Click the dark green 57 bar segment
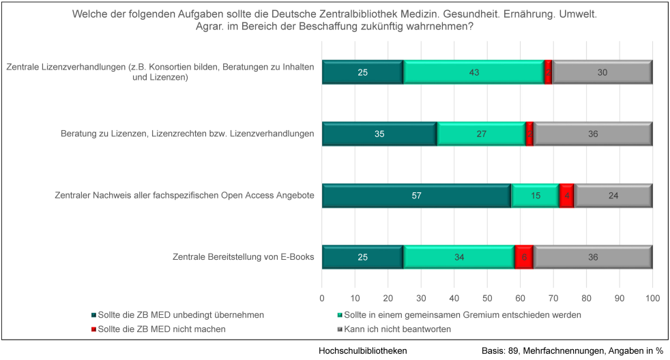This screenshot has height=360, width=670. point(417,196)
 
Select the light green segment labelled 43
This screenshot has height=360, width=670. point(474,72)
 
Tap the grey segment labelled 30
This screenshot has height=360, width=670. point(602,72)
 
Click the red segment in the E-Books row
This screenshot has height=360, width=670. point(524,257)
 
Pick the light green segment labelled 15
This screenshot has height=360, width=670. point(536,196)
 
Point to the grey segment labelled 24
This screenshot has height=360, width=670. point(613,196)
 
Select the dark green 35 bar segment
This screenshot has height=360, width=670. point(379,134)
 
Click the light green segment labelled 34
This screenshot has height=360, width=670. point(459,257)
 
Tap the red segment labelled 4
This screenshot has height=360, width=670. point(566,196)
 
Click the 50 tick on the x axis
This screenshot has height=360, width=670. point(487,298)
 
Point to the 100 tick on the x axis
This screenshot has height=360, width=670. point(652,298)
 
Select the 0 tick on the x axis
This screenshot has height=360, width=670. point(322,298)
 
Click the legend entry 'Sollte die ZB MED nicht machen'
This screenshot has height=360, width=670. point(162,329)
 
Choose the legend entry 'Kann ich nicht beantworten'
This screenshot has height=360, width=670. point(398,329)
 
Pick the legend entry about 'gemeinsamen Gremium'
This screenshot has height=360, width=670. point(463,315)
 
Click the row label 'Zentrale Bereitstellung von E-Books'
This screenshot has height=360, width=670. point(244,257)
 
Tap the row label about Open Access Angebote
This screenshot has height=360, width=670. point(184,196)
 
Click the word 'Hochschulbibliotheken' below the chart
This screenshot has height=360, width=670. point(363,350)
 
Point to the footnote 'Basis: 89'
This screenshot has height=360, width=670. point(504,350)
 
